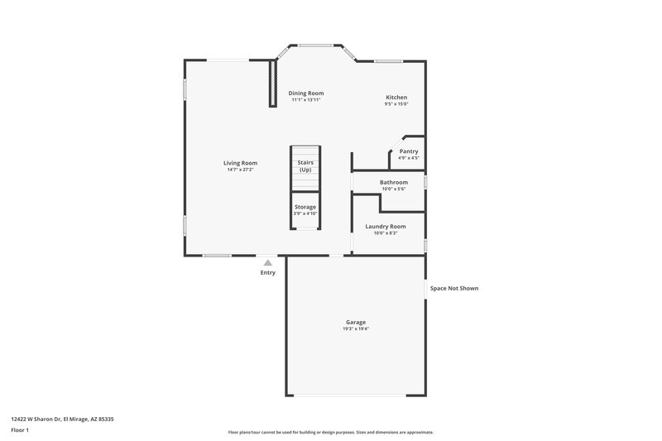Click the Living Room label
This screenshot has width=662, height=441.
click(240, 163)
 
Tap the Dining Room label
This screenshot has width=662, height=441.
click(305, 93)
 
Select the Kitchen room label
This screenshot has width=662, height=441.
click(396, 98)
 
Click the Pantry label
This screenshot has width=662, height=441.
click(409, 151)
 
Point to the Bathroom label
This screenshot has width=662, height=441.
click(393, 182)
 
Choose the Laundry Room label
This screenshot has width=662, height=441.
click(386, 226)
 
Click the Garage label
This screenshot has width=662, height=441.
click(356, 322)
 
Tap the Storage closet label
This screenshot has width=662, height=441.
click(305, 207)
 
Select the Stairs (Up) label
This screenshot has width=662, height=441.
click(305, 166)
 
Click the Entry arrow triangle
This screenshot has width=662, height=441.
click(267, 261)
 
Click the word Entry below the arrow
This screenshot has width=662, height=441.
click(268, 272)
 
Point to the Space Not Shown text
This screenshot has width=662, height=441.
click(453, 289)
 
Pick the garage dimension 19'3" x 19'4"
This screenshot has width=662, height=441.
click(356, 329)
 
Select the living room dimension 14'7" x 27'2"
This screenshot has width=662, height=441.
click(240, 170)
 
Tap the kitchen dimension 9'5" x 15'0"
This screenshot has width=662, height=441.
click(396, 104)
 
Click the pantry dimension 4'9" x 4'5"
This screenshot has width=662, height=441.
click(409, 158)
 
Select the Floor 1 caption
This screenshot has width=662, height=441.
click(21, 431)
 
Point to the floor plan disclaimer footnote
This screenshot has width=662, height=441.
click(330, 432)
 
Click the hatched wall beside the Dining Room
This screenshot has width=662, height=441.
click(271, 83)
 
